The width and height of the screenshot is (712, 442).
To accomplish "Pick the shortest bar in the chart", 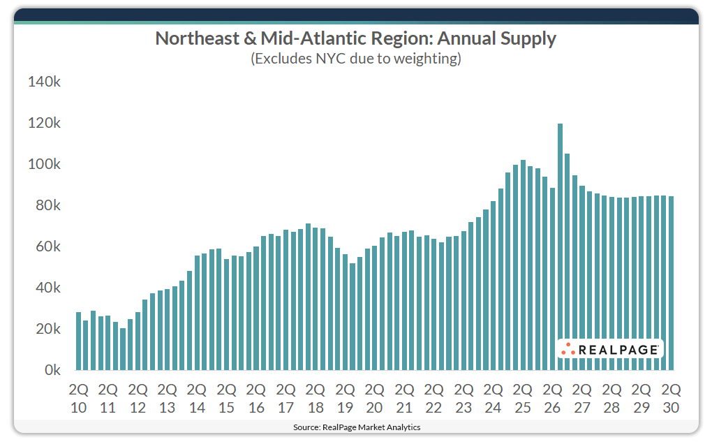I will [123, 348].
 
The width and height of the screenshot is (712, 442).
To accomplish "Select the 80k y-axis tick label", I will [46, 205].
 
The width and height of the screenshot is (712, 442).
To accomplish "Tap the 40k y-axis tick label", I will [46, 288].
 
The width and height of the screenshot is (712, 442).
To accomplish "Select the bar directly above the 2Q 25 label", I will [523, 265].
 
